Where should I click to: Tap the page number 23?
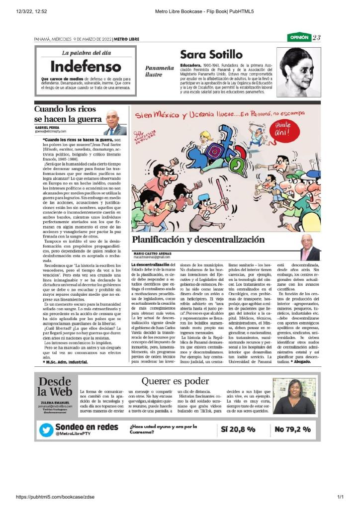[317, 38]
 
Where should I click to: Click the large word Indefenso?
[85, 67]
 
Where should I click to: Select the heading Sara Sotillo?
[211, 54]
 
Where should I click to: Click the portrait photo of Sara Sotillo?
[299, 72]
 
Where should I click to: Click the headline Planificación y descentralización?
[198, 240]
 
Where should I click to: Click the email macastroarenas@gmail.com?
[152, 257]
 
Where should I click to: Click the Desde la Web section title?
[55, 387]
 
